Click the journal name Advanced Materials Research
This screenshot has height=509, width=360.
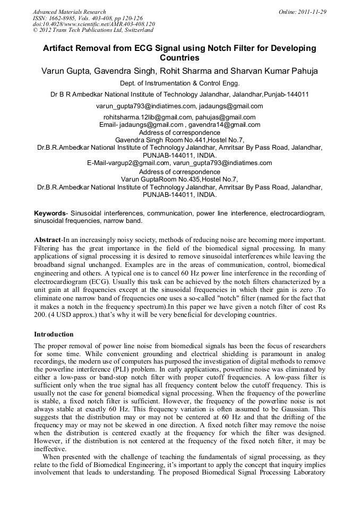70,12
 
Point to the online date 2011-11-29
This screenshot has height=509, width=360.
311,12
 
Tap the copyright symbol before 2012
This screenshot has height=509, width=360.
36,30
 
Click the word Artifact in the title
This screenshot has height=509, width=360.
60,48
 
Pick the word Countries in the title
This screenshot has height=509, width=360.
180,57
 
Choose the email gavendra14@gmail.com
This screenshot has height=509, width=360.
227,125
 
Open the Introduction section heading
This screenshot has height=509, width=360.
54,334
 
